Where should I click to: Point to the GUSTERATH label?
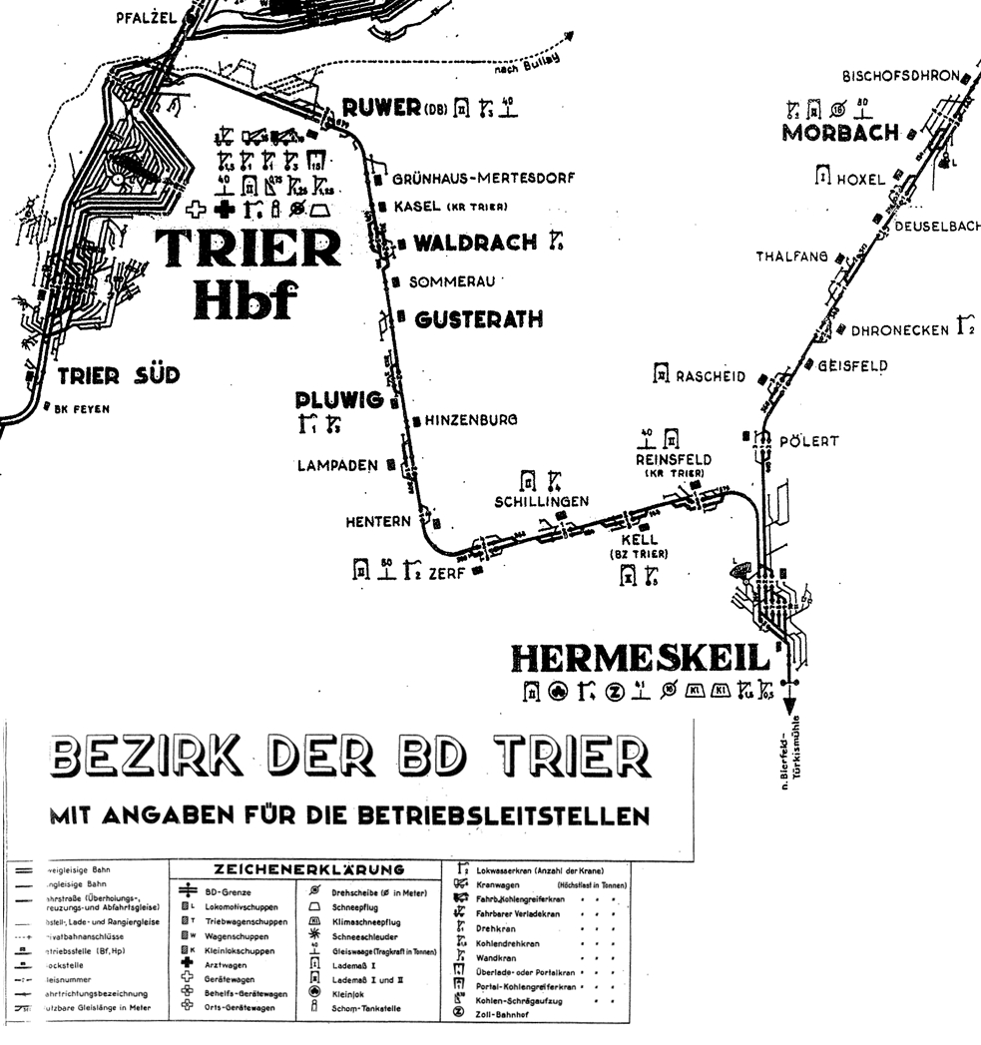pos(479,319)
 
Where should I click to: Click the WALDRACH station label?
pos(475,243)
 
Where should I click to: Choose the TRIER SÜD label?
pos(118,375)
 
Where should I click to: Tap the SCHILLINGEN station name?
pos(542,501)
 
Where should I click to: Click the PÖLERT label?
pos(809,440)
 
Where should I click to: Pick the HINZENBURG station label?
pos(471,420)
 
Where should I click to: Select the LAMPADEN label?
pos(338,465)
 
